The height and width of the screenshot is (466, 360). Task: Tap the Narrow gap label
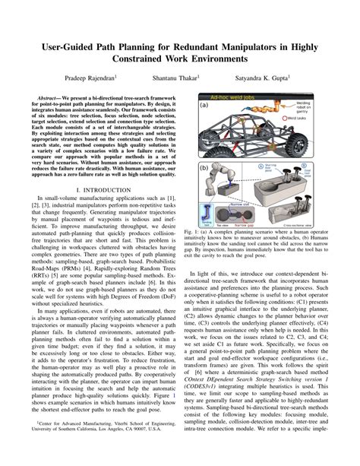pos(247,226)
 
